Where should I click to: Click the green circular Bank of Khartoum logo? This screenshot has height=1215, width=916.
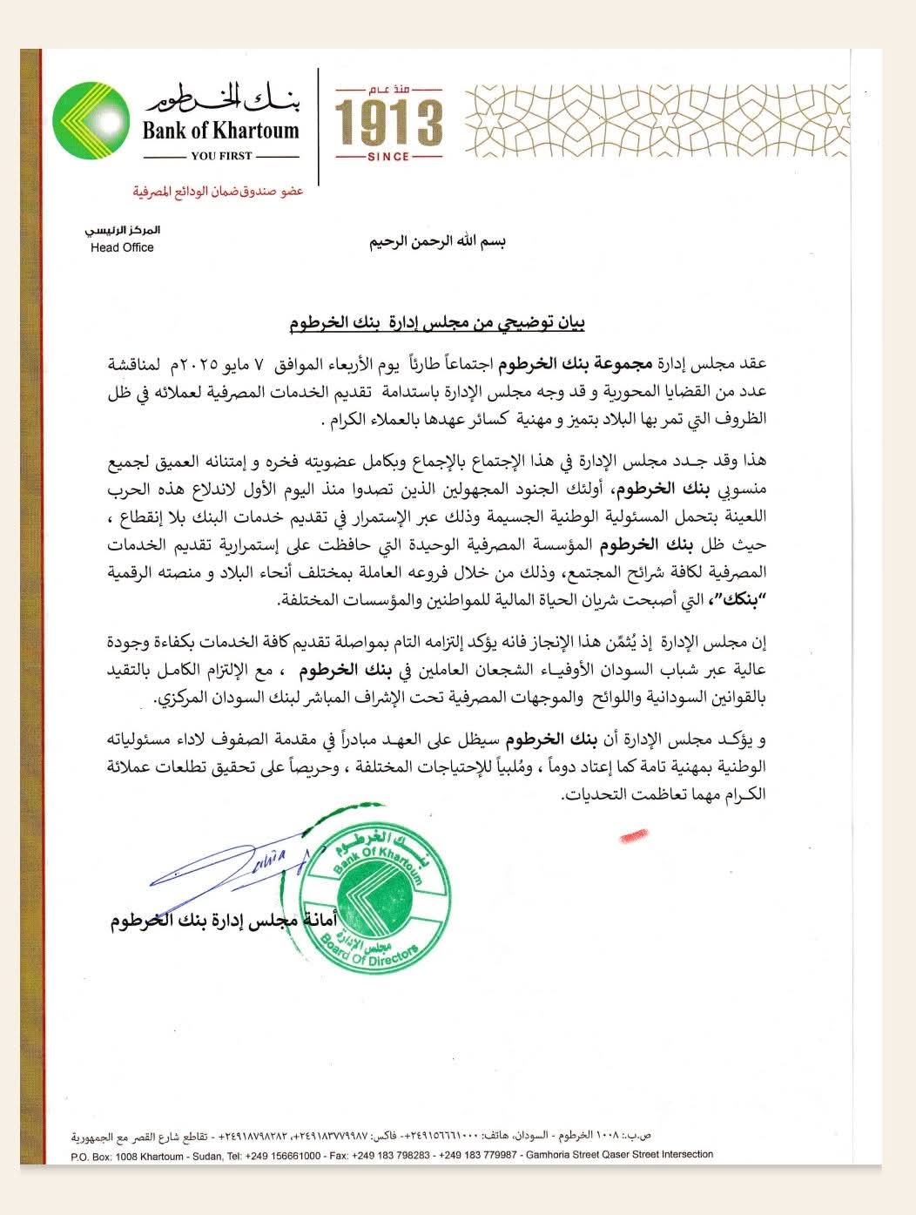tap(91, 122)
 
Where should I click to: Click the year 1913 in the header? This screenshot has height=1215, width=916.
tap(388, 123)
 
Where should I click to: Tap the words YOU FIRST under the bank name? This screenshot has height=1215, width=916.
tap(221, 156)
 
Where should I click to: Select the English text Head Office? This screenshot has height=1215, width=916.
tap(122, 247)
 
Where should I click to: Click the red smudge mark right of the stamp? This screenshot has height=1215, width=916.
tap(641, 837)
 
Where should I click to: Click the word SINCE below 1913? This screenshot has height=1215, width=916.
tap(388, 157)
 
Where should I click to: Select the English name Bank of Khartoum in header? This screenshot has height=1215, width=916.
tap(221, 131)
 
